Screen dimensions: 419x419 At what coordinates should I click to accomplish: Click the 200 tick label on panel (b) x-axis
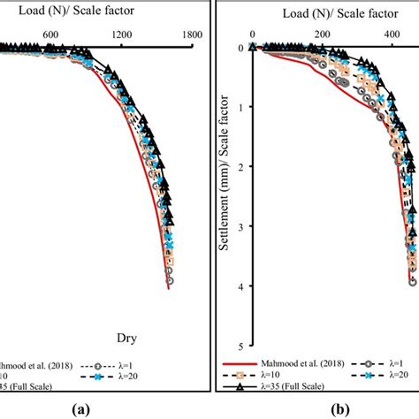pyautogui.click(x=323, y=34)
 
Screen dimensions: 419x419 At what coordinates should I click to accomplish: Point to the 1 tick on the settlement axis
pyautogui.click(x=240, y=107)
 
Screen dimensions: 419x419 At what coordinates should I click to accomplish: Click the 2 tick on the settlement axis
pyautogui.click(x=240, y=167)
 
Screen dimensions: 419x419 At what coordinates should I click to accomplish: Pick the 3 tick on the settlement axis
pyautogui.click(x=240, y=227)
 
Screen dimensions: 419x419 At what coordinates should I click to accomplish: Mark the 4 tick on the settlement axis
pyautogui.click(x=240, y=286)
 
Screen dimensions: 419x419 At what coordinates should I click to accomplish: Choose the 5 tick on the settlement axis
pyautogui.click(x=240, y=347)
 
